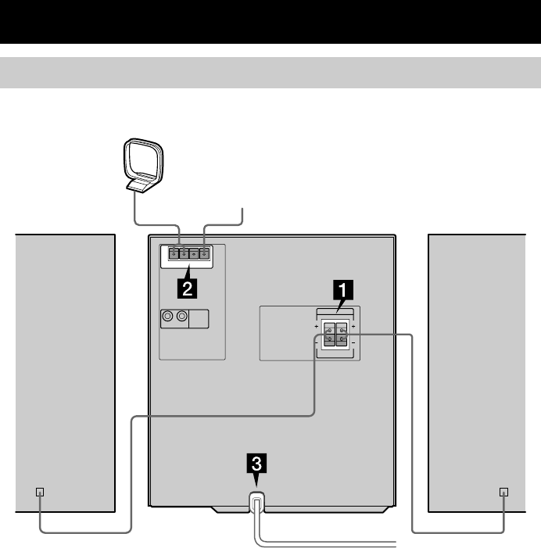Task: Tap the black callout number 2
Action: tap(186, 288)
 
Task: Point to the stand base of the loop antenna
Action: tap(142, 184)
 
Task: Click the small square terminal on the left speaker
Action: tap(41, 492)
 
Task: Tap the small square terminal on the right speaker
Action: tap(503, 492)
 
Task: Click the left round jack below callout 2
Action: tap(167, 317)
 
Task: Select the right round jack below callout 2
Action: tap(182, 317)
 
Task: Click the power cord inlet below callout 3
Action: tap(256, 502)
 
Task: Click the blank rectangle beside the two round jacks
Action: tap(199, 317)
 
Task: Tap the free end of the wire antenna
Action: tap(244, 210)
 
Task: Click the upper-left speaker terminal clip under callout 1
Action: tap(330, 330)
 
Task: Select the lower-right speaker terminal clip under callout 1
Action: tap(342, 341)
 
